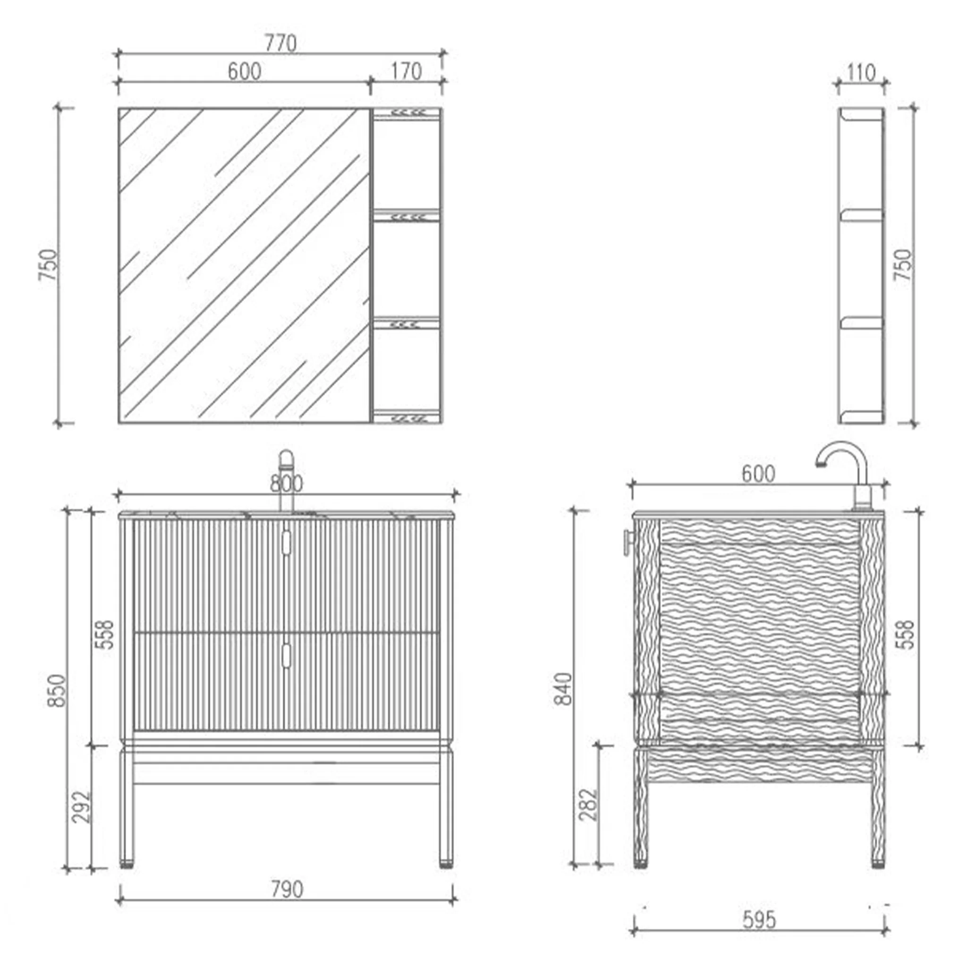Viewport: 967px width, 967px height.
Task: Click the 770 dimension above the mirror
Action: coord(280,43)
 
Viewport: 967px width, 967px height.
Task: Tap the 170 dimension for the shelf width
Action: coord(406,72)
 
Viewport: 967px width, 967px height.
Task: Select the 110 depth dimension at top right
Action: coord(861,73)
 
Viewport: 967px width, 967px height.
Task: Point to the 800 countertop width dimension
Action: coord(286,483)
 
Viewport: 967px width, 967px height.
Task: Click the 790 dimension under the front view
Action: coord(287,890)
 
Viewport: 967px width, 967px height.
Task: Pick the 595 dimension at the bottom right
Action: coord(759,920)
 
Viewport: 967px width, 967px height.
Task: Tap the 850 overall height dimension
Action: coord(57,691)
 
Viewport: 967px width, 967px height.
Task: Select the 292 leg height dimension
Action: coord(82,806)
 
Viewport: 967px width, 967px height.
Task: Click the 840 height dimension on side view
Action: coord(564,689)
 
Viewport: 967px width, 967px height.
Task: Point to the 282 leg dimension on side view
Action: coord(589,805)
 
